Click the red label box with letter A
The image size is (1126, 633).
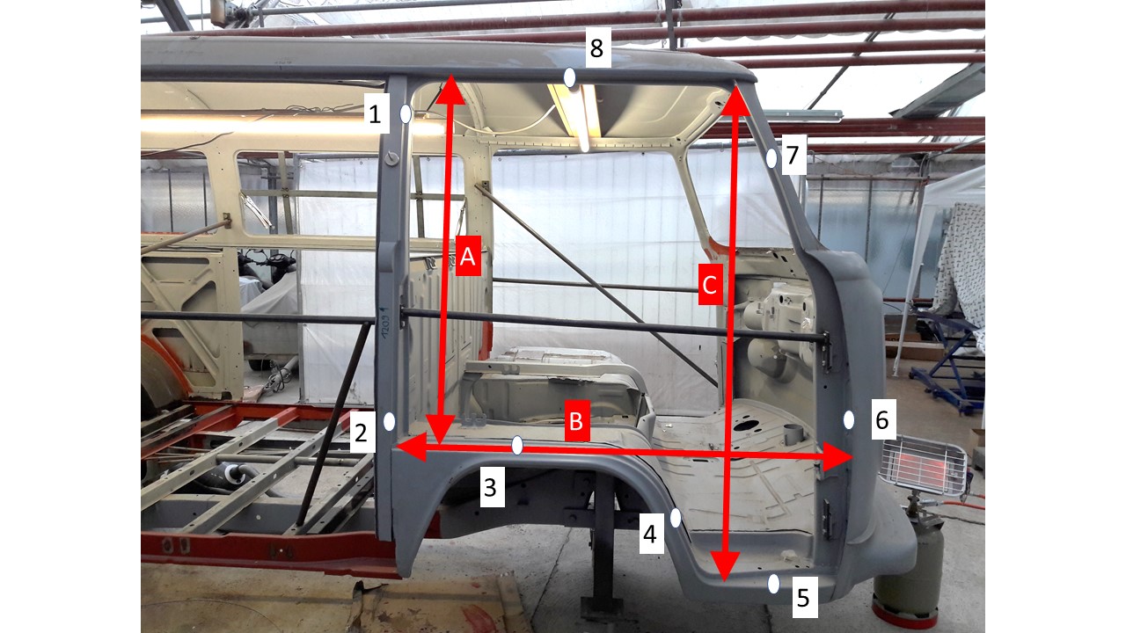(x=469, y=256)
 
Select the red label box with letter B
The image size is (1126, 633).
(x=576, y=420)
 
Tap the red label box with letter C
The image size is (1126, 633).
(x=710, y=284)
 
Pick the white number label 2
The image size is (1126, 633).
(x=362, y=433)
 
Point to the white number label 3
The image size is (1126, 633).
(x=491, y=487)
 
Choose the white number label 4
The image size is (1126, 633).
(x=651, y=533)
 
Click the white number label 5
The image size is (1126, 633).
(x=805, y=597)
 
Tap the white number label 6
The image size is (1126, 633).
(x=883, y=419)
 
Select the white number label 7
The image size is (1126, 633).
(x=793, y=154)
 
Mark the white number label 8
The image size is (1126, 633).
(x=597, y=47)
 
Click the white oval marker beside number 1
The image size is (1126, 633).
(x=406, y=114)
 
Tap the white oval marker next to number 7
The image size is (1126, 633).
(x=771, y=157)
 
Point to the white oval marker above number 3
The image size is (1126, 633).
(x=517, y=445)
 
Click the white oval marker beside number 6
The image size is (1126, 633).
(x=849, y=419)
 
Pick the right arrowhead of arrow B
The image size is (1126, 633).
(x=837, y=457)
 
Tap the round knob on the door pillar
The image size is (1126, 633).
(x=392, y=159)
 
